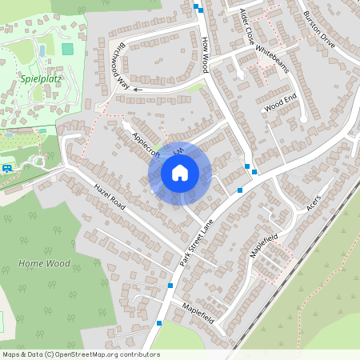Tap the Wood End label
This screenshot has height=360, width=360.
pyautogui.click(x=280, y=102)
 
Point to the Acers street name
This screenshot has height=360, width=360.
pyautogui.click(x=313, y=204)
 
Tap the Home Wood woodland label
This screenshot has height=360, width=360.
pyautogui.click(x=44, y=263)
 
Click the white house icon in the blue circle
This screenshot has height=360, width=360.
pyautogui.click(x=180, y=173)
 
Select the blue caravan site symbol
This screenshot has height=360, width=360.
pyautogui.click(x=7, y=168)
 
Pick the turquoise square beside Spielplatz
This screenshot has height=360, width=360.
pyautogui.click(x=68, y=49)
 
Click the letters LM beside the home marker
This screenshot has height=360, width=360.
pyautogui.click(x=178, y=150)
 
